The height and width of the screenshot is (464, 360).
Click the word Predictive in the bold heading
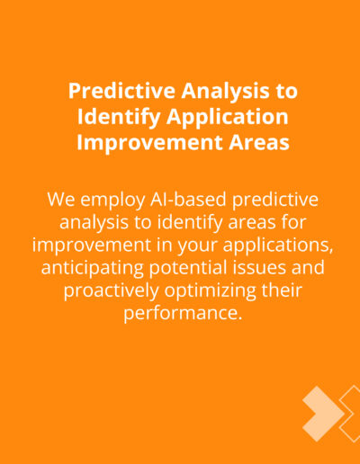[121, 91]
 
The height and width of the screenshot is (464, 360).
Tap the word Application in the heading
[228, 117]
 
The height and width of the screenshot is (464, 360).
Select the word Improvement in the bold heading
[149, 143]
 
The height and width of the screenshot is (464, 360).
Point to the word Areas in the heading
[259, 143]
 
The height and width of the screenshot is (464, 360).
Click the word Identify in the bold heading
[119, 117]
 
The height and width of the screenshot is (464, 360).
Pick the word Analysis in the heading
[225, 92]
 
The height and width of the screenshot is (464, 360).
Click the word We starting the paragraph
[61, 200]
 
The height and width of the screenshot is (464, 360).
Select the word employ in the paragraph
[112, 201]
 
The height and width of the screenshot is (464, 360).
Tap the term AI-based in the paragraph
[188, 200]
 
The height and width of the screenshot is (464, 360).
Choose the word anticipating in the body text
[93, 268]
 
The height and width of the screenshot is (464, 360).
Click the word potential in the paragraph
[188, 268]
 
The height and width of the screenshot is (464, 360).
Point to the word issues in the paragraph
[259, 268]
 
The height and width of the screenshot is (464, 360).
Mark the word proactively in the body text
[112, 290]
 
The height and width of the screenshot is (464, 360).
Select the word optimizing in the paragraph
[211, 290]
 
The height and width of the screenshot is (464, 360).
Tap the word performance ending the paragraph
[183, 314]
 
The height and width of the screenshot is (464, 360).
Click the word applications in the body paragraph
[278, 245]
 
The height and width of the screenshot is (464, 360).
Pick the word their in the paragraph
[282, 290]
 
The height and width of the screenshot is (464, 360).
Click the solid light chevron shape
[322, 414]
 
